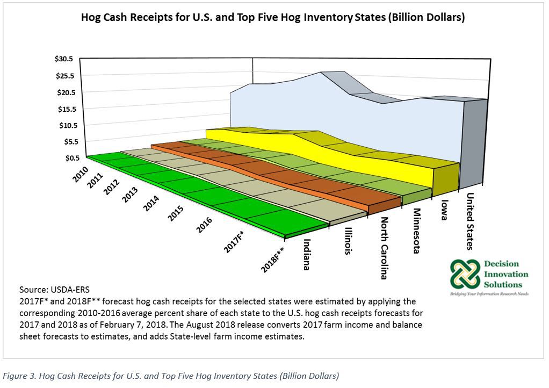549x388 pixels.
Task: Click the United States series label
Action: point(470,221)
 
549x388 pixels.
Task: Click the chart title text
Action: point(273,17)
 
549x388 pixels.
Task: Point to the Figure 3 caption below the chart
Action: point(171,376)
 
